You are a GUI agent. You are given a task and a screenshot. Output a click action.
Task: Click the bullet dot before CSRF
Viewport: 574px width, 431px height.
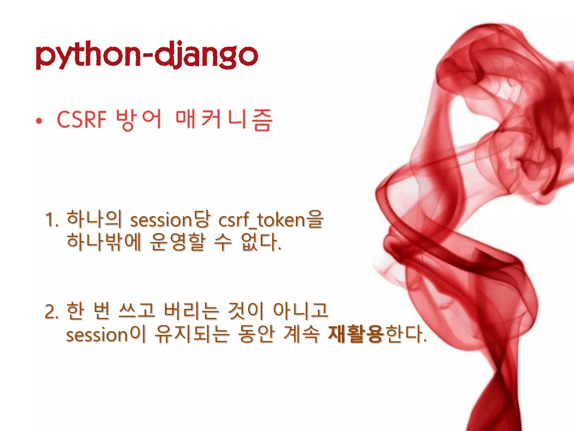pos(39,121)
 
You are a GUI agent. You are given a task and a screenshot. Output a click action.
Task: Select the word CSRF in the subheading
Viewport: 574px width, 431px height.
pos(82,120)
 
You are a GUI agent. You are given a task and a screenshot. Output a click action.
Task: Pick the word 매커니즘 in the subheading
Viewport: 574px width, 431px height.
pos(224,120)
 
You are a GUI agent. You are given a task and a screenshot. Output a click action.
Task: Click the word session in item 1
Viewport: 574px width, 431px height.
pos(161,220)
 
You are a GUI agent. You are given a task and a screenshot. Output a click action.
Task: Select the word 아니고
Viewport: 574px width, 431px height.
pos(300,311)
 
